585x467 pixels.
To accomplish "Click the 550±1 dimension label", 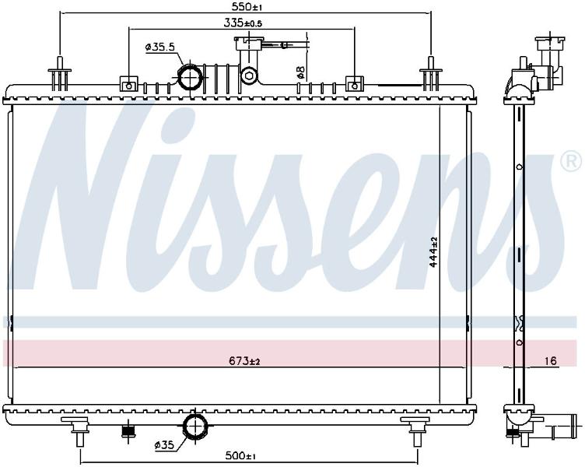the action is (x=245, y=6).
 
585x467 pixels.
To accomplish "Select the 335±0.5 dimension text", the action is (x=243, y=23).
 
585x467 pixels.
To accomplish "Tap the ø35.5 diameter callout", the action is (x=160, y=47).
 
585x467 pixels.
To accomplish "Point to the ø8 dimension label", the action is (x=301, y=72).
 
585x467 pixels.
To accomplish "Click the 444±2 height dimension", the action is (x=433, y=252).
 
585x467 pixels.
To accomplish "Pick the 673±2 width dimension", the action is (x=244, y=361).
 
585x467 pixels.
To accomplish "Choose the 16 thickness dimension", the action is (x=550, y=360).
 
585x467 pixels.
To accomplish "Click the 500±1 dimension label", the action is (x=240, y=456).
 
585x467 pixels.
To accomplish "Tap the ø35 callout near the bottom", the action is (x=164, y=445).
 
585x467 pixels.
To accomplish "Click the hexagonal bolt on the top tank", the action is (x=248, y=76).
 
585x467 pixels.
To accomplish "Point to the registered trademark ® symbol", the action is (x=571, y=161).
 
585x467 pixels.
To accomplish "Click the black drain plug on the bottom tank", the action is (x=128, y=431).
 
